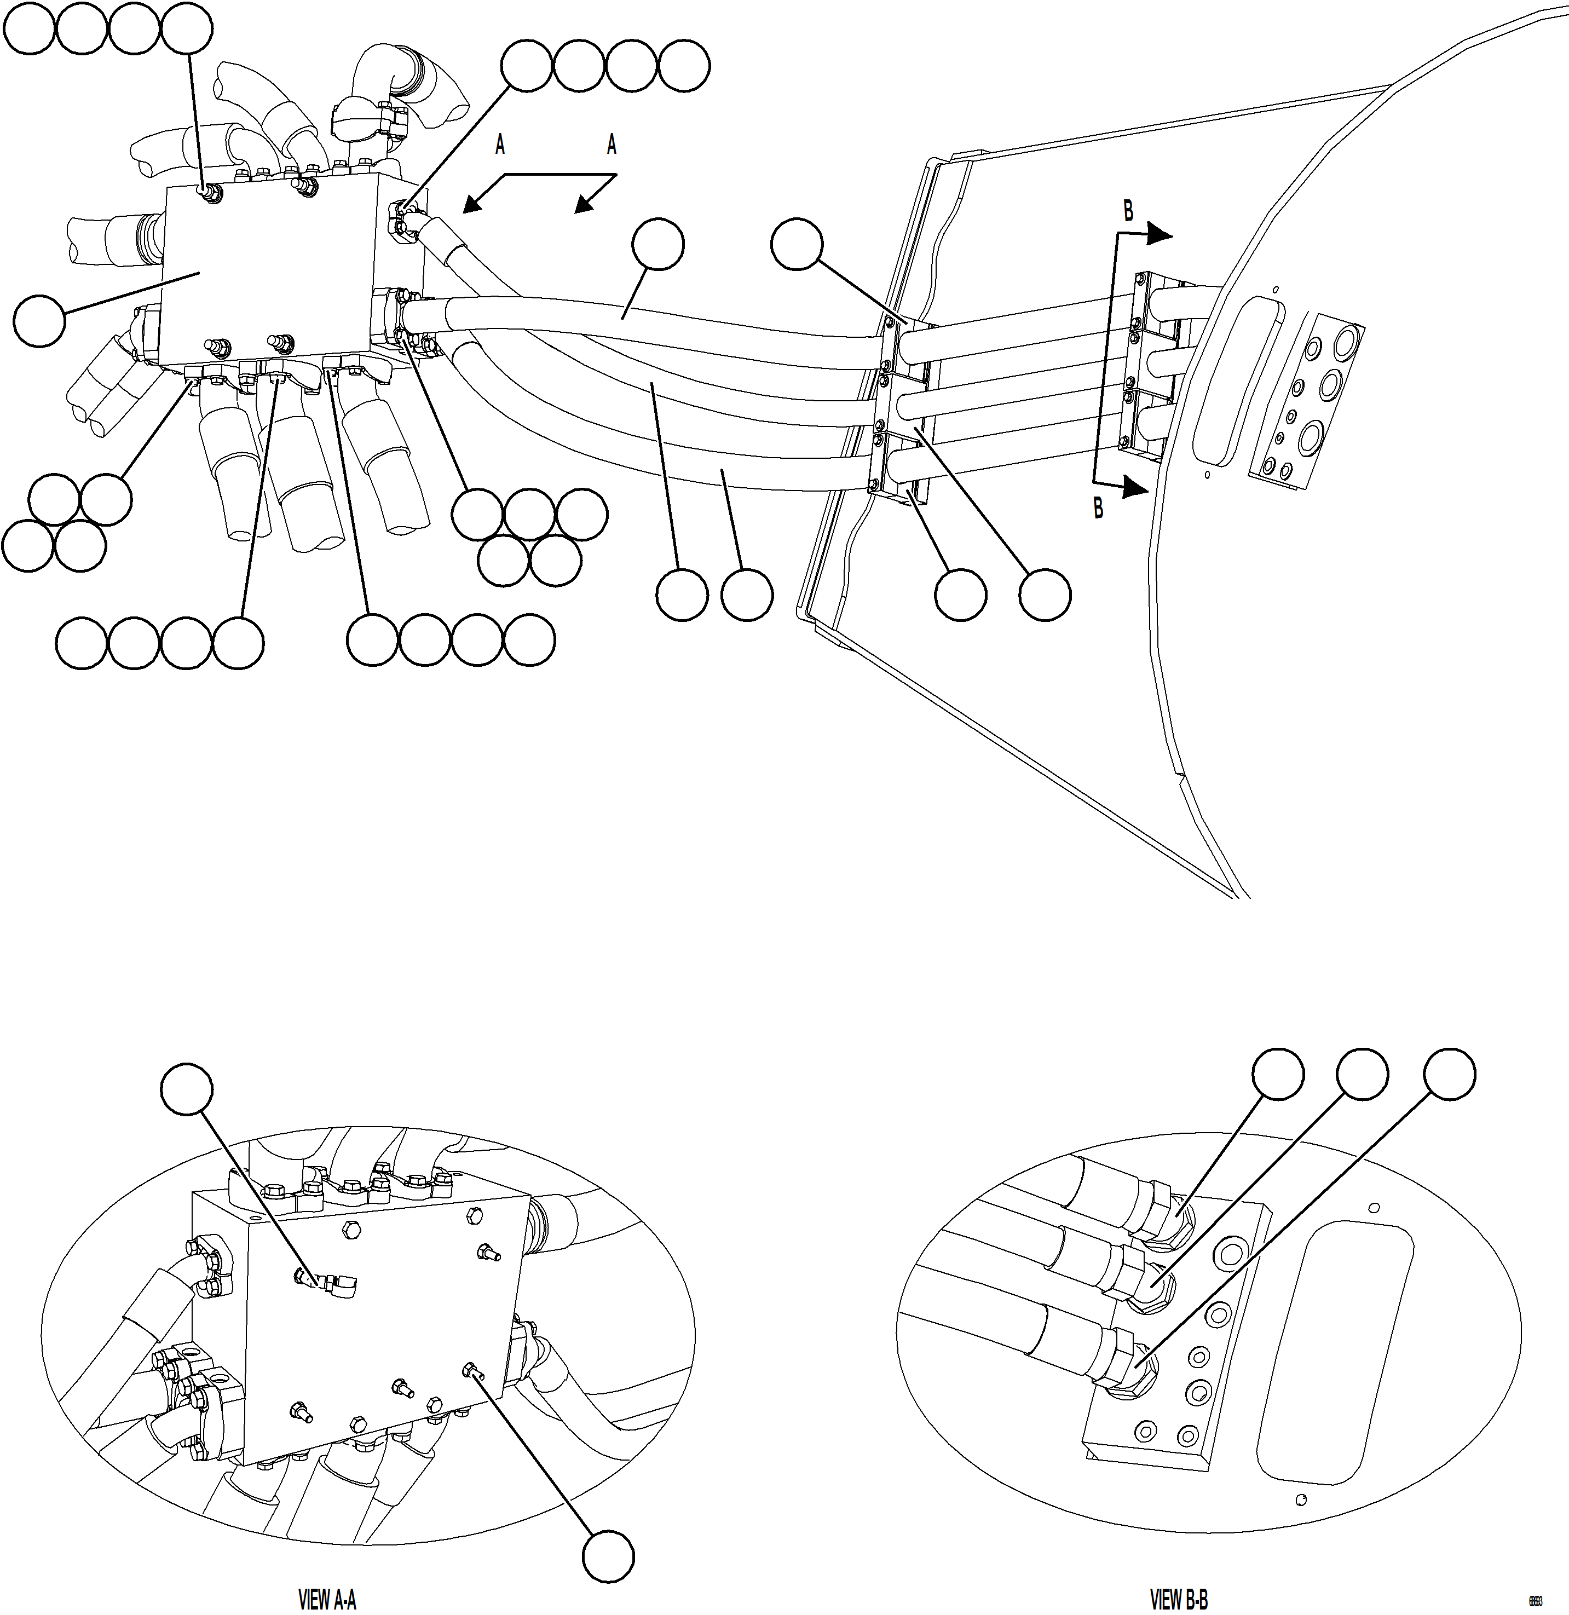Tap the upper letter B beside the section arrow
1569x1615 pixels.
pos(1129,212)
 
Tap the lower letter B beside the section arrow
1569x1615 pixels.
pos(1098,509)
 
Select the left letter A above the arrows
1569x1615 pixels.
pos(499,146)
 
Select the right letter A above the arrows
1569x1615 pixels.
pos(612,146)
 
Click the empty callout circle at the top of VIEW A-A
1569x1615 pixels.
pos(187,1088)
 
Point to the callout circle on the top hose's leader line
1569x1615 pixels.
pos(657,244)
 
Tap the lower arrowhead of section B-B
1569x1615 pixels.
pos(1137,489)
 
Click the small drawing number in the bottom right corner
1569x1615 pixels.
pos(1535,1602)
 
